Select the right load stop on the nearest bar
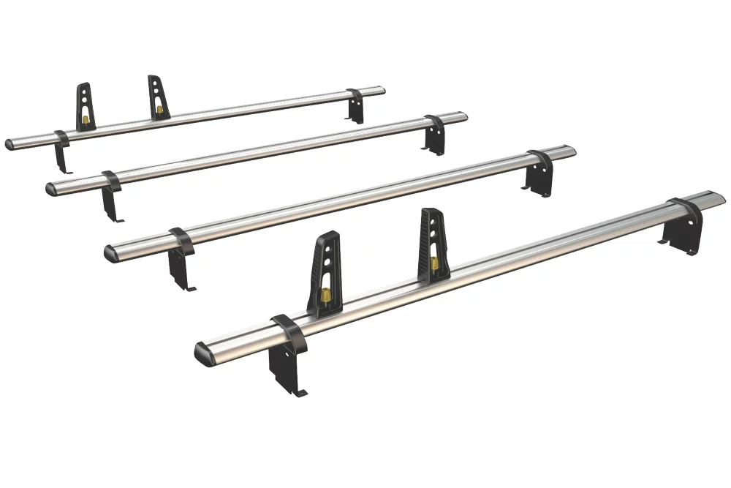pyautogui.click(x=433, y=241)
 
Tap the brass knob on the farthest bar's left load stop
pyautogui.click(x=86, y=119)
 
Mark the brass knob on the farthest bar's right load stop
pyautogui.click(x=159, y=110)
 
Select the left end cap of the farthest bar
pyautogui.click(x=10, y=144)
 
